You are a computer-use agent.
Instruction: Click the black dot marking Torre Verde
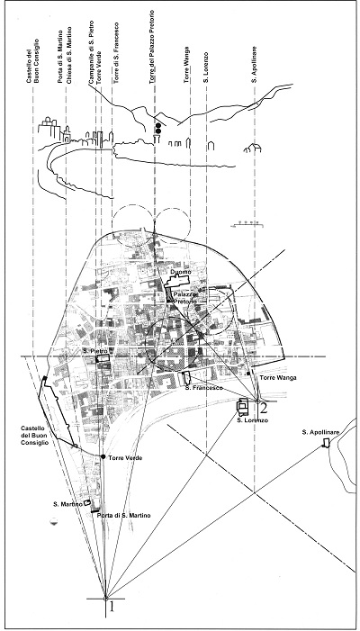click(x=103, y=456)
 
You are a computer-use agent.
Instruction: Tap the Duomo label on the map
click(x=178, y=274)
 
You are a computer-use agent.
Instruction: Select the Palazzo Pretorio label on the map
click(x=184, y=298)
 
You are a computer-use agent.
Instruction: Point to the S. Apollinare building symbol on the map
click(x=326, y=443)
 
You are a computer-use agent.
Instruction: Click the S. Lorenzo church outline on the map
click(x=243, y=407)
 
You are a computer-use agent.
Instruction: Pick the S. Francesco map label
click(x=198, y=388)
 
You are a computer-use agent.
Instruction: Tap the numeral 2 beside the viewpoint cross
click(x=264, y=409)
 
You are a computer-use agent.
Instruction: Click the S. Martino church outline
click(x=86, y=503)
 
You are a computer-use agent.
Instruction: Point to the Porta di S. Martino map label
click(x=123, y=516)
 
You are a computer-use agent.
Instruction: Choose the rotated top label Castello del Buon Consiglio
click(x=32, y=60)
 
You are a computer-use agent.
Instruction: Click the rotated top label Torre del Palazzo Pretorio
click(x=152, y=47)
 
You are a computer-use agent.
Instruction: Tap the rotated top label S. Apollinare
click(x=254, y=65)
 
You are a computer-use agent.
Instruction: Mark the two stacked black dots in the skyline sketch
click(x=158, y=129)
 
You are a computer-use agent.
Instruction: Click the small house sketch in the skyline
click(x=253, y=149)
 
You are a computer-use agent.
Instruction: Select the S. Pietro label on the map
click(x=91, y=351)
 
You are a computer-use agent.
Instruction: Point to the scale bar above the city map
click(x=247, y=224)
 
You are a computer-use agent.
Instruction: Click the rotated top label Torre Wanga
click(x=187, y=65)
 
